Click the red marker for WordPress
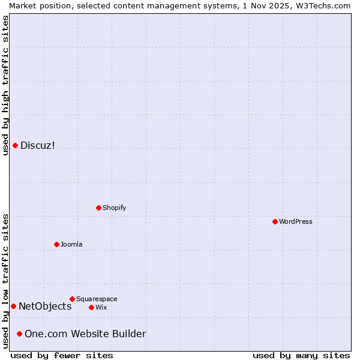(x=275, y=221)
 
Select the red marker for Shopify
(x=98, y=208)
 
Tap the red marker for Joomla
(x=56, y=244)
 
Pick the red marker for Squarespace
(x=72, y=299)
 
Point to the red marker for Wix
(x=91, y=307)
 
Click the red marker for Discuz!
(x=15, y=145)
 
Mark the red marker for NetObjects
(x=13, y=306)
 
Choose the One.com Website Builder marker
(x=19, y=334)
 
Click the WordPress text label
(x=296, y=221)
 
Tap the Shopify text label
(x=114, y=208)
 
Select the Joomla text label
(x=71, y=244)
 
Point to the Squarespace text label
(x=97, y=299)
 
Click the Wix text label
(x=101, y=307)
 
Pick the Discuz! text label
(x=37, y=145)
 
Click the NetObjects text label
(x=45, y=306)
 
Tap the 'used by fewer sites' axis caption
(x=62, y=355)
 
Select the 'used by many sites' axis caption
(x=301, y=355)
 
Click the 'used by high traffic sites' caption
(x=5, y=85)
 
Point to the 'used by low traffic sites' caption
(x=5, y=281)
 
